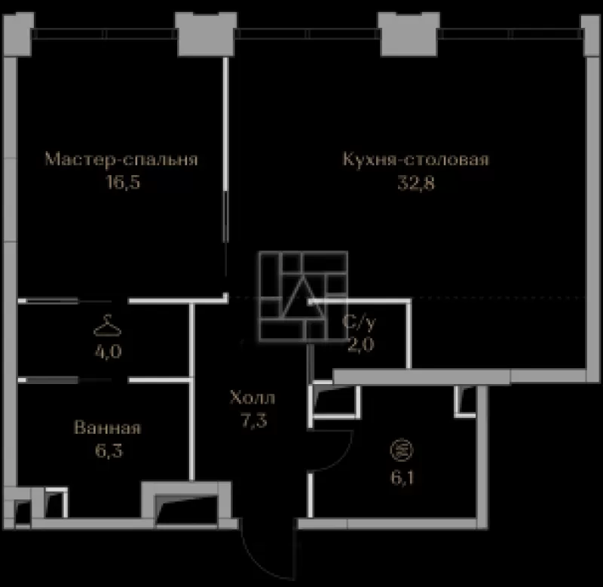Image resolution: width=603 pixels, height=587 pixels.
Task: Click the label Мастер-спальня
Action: (121, 159)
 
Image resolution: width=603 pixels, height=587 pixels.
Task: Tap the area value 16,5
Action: (123, 182)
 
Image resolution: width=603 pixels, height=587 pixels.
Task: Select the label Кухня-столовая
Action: (416, 159)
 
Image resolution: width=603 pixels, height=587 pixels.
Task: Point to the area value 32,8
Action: (416, 183)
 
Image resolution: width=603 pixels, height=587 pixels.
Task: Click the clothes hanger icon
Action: (108, 326)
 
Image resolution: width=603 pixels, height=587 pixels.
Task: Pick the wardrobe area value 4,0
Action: (109, 352)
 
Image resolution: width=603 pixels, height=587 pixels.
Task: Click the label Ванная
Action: (108, 428)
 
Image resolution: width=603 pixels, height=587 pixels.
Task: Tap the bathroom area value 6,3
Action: (109, 450)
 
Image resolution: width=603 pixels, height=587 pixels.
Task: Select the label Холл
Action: (253, 397)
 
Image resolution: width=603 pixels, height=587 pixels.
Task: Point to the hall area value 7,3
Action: (254, 420)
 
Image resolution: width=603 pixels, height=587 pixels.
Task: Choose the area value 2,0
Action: (361, 345)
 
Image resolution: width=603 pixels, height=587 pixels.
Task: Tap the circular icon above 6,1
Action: (402, 450)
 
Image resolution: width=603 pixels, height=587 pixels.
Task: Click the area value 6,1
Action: (403, 478)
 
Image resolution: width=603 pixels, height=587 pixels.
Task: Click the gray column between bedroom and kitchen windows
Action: (206, 35)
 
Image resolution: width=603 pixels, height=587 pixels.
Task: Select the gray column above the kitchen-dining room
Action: (409, 35)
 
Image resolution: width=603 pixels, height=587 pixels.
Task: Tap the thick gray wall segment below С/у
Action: (421, 376)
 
